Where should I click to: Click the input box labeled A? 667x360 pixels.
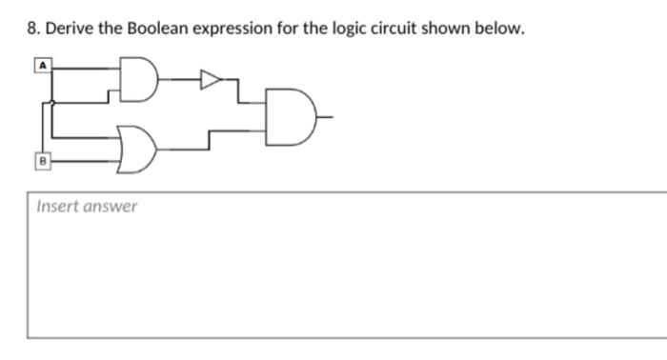[43, 65]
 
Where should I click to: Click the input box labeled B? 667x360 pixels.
[43, 161]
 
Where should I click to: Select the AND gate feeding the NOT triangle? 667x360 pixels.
[139, 80]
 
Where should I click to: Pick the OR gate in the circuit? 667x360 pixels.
[136, 150]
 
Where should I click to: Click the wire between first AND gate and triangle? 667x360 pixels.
[178, 80]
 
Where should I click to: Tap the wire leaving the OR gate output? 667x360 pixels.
[181, 149]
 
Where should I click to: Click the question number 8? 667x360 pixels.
[32, 29]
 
